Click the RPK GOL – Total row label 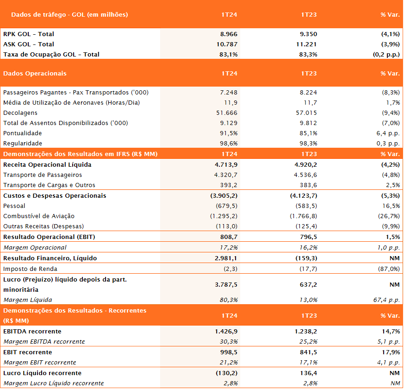[29, 34]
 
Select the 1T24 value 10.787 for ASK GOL [227, 44]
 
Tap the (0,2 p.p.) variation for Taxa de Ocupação [386, 55]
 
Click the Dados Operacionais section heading [35, 74]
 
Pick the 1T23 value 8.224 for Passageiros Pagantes [308, 93]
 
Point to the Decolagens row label [20, 113]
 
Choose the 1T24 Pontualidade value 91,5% [229, 133]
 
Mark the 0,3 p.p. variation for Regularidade [388, 144]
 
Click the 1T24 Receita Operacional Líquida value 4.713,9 [226, 165]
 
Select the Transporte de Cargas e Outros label [49, 185]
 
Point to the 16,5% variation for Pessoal [391, 206]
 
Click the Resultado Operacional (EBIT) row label [49, 237]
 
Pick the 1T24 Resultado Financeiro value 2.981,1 [226, 258]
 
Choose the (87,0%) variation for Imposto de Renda [389, 269]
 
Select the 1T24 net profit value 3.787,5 [226, 285]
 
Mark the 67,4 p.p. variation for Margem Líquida [386, 300]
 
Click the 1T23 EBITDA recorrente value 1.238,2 [306, 331]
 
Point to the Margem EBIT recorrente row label [40, 363]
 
